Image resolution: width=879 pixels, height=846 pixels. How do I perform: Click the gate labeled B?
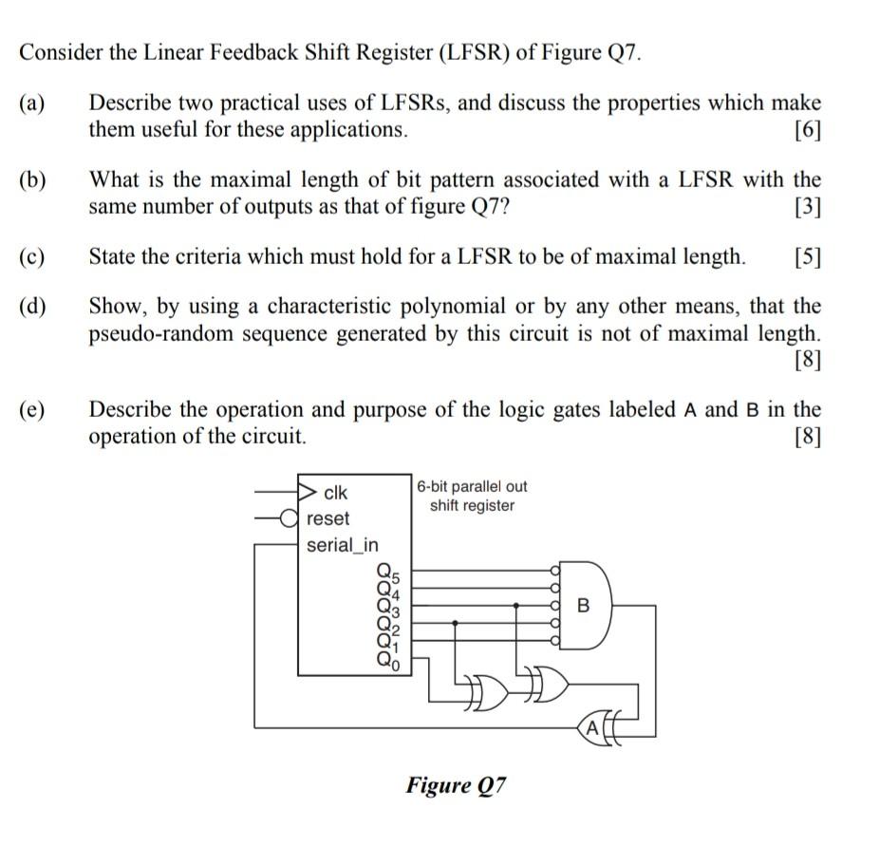(583, 605)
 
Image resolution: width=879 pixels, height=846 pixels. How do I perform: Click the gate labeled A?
(593, 728)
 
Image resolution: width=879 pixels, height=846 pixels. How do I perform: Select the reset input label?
(328, 518)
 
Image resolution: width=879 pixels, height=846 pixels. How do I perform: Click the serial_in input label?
(343, 545)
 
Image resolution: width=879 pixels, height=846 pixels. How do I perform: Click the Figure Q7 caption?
(457, 785)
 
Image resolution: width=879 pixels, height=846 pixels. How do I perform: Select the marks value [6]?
(807, 130)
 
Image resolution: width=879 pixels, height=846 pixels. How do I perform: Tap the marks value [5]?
(807, 256)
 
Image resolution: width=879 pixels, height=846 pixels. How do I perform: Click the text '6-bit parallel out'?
(472, 486)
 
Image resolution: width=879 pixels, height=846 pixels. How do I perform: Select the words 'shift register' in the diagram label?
(472, 505)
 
